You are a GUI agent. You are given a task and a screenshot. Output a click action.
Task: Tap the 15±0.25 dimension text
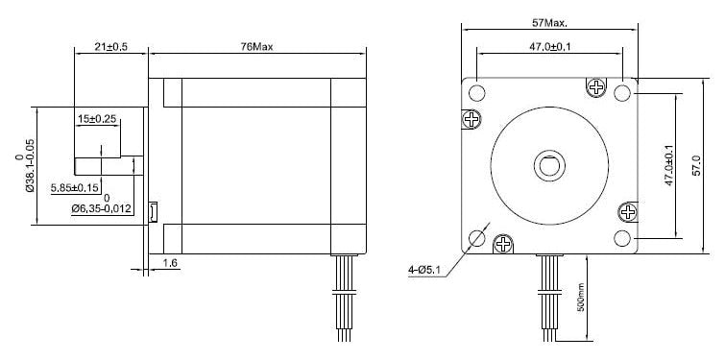pyautogui.click(x=97, y=119)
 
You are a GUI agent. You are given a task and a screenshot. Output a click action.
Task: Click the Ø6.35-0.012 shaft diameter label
pyautogui.click(x=101, y=207)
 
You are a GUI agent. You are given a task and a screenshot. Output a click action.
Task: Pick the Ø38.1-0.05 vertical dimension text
pyautogui.click(x=30, y=166)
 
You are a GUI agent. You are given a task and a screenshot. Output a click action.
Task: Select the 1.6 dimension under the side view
pyautogui.click(x=170, y=261)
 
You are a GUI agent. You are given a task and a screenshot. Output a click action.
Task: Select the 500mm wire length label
pyautogui.click(x=581, y=299)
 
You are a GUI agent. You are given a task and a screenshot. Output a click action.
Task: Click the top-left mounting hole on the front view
pyautogui.click(x=477, y=92)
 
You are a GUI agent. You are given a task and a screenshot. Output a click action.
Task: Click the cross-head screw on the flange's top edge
pyautogui.click(x=597, y=87)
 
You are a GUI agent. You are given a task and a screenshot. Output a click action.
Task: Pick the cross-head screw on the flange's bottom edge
pyautogui.click(x=502, y=245)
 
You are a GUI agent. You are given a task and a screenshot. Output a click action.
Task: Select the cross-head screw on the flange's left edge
pyautogui.click(x=471, y=119)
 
